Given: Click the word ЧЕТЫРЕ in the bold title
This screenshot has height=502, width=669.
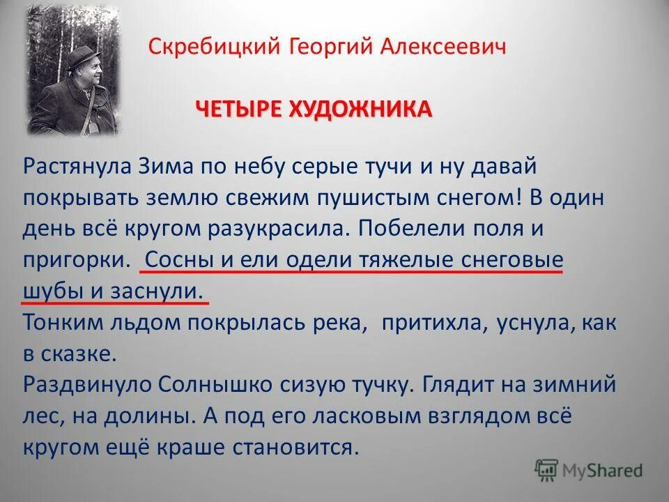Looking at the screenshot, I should click(229, 109).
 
